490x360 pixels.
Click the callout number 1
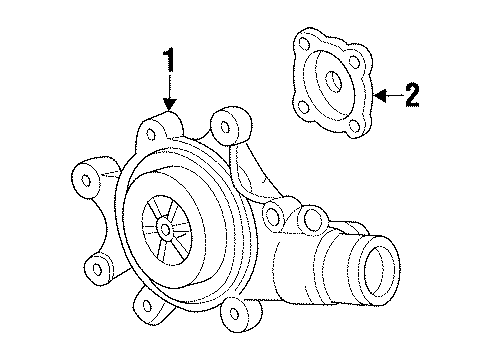pyautogui.click(x=171, y=62)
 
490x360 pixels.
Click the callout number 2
pyautogui.click(x=411, y=95)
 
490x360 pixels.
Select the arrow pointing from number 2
pyautogui.click(x=387, y=96)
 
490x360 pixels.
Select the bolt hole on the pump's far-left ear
pyautogui.click(x=86, y=179)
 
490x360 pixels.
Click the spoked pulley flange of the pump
pyautogui.click(x=164, y=228)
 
